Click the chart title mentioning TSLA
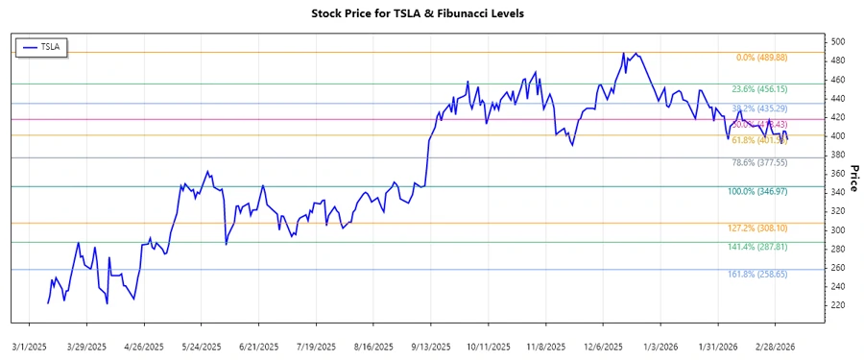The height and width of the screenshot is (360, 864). click(431, 13)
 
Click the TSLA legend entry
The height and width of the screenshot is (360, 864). click(41, 47)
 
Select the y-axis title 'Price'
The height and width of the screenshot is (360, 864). click(852, 178)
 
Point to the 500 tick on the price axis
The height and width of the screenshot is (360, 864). click(838, 42)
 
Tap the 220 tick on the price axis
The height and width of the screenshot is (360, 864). click(838, 305)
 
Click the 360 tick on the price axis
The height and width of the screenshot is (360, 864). click(838, 174)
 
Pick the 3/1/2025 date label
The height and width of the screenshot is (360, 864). click(30, 346)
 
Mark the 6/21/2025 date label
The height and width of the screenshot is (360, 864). click(259, 346)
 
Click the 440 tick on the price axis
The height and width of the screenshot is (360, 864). click(838, 99)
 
